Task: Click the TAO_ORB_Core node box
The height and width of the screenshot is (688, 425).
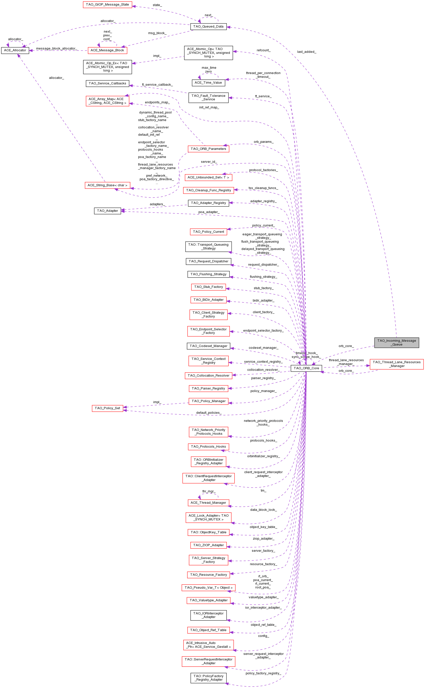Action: (306, 368)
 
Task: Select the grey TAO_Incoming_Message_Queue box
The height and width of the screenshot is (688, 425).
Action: (397, 342)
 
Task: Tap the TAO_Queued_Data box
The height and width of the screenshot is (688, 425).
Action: (208, 27)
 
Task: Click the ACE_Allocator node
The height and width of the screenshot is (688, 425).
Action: (15, 50)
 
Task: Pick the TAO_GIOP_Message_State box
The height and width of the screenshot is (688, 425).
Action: (107, 5)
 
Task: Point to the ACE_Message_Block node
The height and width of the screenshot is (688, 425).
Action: (107, 50)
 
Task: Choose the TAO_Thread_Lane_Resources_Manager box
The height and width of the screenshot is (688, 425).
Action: (397, 364)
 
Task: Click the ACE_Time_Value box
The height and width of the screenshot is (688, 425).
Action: (208, 83)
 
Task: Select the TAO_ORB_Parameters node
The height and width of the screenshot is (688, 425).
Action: (208, 149)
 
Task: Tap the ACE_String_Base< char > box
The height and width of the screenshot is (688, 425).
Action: (107, 185)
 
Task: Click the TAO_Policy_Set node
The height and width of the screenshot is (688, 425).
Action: (107, 408)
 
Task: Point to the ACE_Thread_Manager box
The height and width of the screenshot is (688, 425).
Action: (208, 503)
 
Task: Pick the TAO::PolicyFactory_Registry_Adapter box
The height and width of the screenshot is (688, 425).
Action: (208, 678)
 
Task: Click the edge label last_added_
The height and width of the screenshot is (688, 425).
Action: (307, 52)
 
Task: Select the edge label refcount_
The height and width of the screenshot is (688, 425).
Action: (263, 50)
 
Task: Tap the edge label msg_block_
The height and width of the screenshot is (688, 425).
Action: (157, 33)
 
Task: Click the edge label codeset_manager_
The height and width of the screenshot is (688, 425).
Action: (263, 348)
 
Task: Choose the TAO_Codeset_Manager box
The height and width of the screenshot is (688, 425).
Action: (208, 346)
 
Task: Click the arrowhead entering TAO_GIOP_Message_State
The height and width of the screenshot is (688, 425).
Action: (134, 6)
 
